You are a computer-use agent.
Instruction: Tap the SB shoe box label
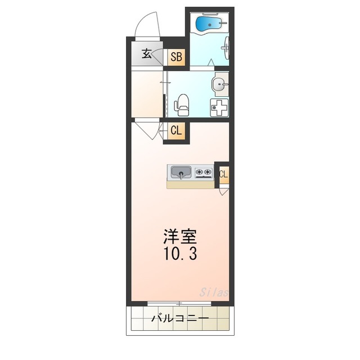(x=176, y=56)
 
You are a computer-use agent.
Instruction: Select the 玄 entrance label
(x=146, y=54)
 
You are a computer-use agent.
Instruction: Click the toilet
(x=182, y=105)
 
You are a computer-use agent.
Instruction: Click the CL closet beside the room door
(x=175, y=131)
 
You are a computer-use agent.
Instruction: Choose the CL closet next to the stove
(x=223, y=174)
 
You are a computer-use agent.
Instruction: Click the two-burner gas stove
(x=203, y=172)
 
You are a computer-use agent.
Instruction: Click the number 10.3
(x=181, y=254)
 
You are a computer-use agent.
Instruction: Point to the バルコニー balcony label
(x=180, y=319)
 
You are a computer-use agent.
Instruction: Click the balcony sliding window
(x=179, y=304)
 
